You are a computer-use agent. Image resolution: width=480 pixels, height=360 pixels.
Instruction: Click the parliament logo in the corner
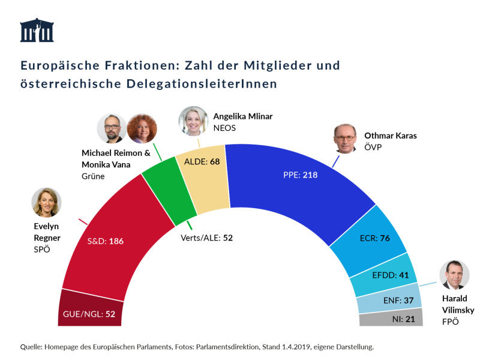tap(37, 30)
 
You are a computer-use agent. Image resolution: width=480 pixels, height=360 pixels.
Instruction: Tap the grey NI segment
tap(393, 319)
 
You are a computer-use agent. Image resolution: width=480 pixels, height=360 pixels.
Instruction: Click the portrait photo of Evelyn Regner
tap(47, 202)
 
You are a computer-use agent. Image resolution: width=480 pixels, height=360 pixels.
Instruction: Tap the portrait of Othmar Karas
tap(348, 140)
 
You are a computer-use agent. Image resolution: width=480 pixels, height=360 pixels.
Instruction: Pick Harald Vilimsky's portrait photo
tap(454, 275)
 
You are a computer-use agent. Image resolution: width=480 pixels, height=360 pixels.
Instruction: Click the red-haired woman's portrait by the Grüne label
tap(142, 128)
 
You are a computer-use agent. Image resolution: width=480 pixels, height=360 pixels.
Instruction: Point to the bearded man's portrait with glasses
tap(112, 128)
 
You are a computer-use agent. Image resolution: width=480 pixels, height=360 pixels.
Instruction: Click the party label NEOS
tap(224, 128)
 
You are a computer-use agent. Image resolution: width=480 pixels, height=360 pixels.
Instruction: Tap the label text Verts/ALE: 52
tap(206, 238)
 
